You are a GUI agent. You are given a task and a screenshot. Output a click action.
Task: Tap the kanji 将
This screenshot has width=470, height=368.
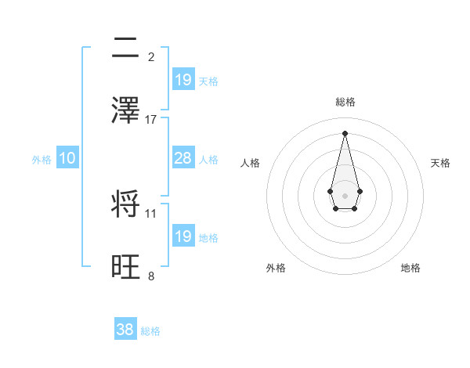tap(126, 205)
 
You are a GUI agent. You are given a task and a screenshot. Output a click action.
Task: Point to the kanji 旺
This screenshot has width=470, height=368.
tap(126, 268)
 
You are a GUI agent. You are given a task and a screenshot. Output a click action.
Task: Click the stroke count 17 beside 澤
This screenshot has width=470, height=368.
tap(151, 120)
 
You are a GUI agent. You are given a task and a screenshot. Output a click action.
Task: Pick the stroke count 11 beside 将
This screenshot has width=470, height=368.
tap(151, 213)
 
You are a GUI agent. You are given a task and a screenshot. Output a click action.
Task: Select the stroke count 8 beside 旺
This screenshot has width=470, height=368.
tap(151, 276)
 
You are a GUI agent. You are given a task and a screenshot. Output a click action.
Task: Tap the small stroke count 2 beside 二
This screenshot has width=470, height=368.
tap(151, 56)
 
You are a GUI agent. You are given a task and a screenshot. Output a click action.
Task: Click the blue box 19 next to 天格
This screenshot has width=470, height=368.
tap(183, 80)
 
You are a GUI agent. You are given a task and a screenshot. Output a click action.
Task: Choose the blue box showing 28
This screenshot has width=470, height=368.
tap(183, 158)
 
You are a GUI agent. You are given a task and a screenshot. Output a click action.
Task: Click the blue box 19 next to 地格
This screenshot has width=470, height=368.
tap(183, 236)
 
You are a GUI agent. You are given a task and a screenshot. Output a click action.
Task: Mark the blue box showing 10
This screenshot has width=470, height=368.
tap(67, 158)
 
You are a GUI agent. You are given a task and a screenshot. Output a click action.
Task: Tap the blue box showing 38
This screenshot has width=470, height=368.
tap(125, 330)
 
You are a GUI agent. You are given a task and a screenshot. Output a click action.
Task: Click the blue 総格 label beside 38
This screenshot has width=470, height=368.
tap(150, 331)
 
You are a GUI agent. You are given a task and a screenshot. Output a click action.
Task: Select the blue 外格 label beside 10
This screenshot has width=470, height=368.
tap(42, 160)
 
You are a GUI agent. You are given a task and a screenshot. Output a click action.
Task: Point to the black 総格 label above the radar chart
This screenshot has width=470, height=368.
tap(345, 102)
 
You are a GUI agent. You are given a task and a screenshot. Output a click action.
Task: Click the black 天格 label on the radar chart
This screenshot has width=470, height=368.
tap(440, 163)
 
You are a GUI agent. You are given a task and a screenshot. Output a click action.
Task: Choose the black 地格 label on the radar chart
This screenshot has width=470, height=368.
tap(410, 268)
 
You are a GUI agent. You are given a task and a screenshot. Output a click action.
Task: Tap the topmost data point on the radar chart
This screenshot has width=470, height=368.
tap(345, 132)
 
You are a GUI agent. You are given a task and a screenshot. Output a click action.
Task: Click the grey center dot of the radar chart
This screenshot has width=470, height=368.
tap(345, 194)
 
